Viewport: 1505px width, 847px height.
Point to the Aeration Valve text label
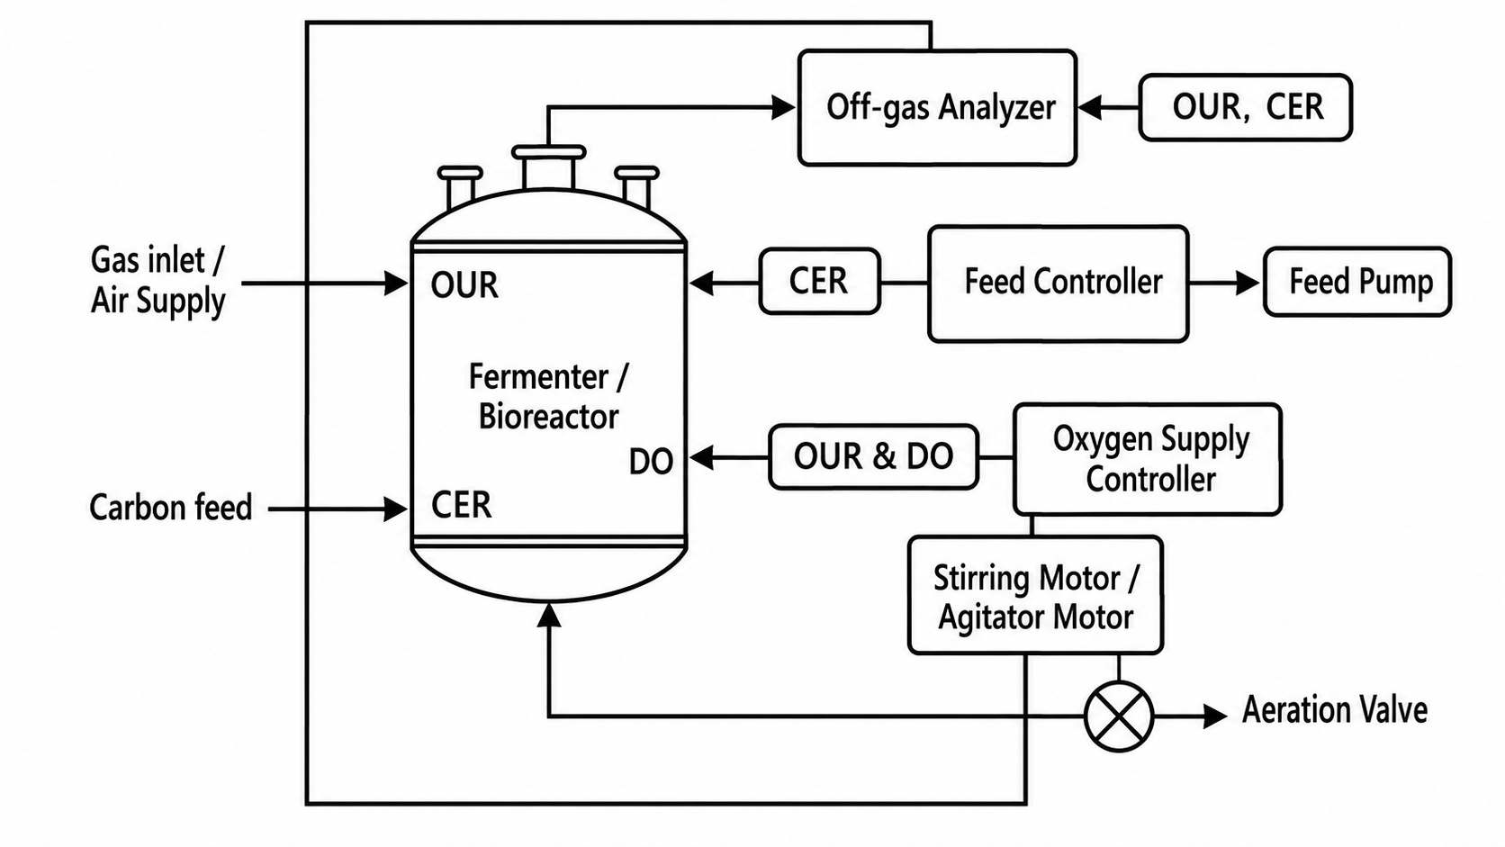point(1334,710)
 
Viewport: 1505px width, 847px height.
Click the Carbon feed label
point(171,507)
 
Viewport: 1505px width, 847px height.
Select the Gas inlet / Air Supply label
point(158,280)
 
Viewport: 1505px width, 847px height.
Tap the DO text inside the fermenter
point(651,462)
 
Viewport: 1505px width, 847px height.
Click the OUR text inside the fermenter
point(464,285)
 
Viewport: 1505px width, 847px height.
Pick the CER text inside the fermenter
point(461,505)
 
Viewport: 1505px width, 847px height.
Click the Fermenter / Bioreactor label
point(548,396)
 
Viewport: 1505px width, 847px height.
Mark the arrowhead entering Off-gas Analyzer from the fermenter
point(783,107)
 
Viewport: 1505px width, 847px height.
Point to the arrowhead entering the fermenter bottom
point(549,615)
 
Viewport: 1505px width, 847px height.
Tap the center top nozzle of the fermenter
point(548,168)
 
